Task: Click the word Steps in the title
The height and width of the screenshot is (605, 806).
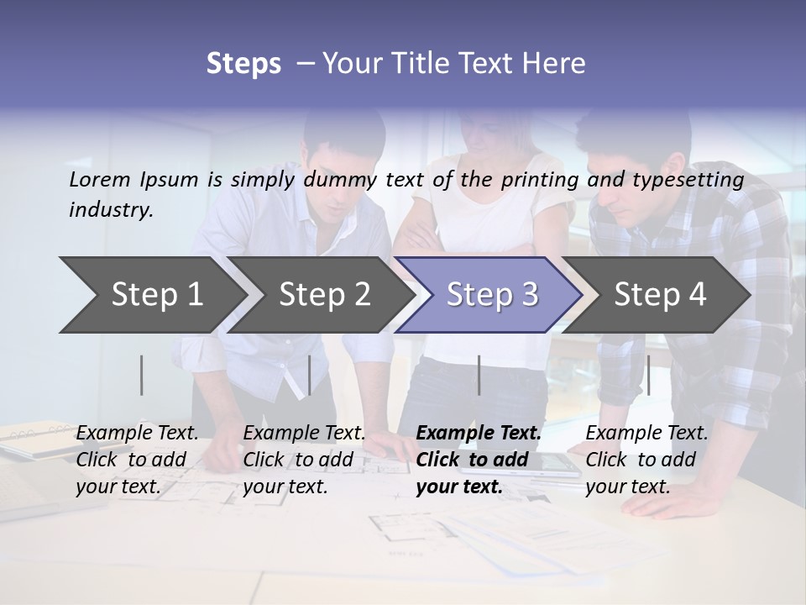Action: click(x=243, y=64)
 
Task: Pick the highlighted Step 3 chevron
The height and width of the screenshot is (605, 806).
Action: click(x=492, y=295)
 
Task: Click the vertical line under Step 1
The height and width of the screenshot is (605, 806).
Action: click(x=142, y=375)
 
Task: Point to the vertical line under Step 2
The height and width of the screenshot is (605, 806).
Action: click(x=310, y=375)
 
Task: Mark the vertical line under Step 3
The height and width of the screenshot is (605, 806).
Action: click(x=479, y=375)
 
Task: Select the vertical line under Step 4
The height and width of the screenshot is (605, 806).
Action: click(x=648, y=375)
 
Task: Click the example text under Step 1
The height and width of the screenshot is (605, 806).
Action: click(x=137, y=460)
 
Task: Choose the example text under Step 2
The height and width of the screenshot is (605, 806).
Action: click(x=304, y=460)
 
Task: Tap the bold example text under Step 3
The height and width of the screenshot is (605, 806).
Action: click(x=479, y=460)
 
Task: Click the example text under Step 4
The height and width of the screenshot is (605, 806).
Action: click(x=646, y=460)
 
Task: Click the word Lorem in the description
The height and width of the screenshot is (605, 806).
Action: click(x=100, y=179)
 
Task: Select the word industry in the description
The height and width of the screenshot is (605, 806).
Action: click(x=111, y=210)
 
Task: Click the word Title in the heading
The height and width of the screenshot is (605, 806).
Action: click(x=425, y=64)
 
